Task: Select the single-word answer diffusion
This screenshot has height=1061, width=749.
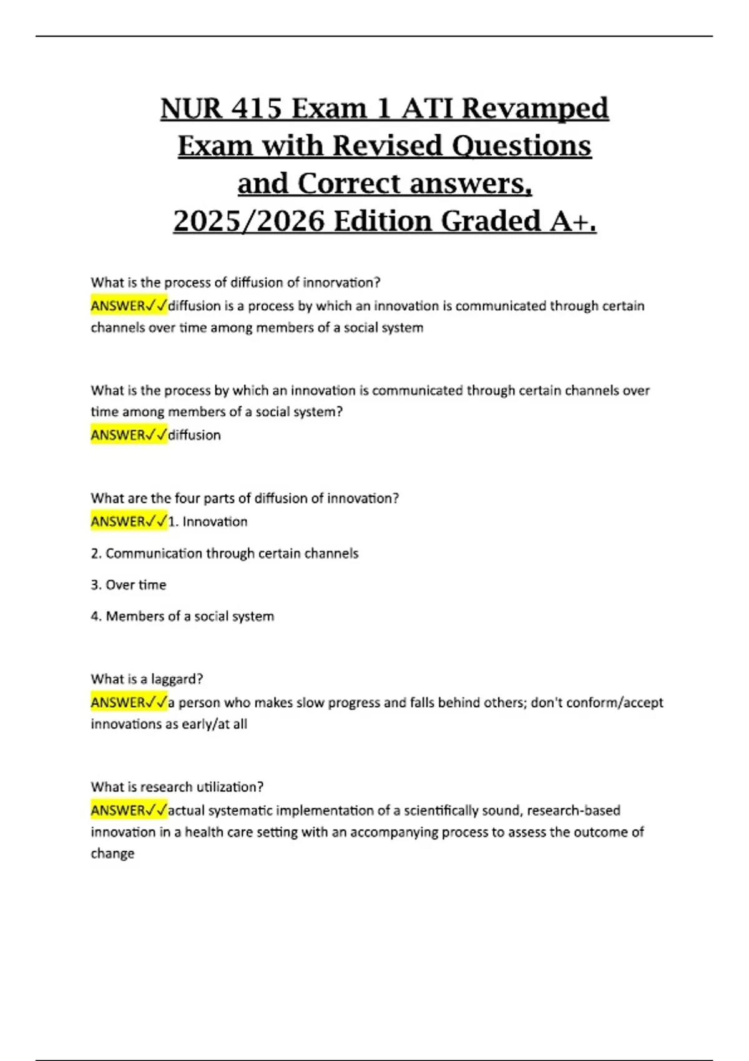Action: point(194,435)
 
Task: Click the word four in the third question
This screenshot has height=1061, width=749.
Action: point(188,499)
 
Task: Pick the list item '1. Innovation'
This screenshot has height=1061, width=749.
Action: point(208,522)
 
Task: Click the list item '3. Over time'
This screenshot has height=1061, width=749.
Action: point(129,585)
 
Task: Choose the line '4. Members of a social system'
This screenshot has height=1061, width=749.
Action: point(182,617)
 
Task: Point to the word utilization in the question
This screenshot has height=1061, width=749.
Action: point(229,787)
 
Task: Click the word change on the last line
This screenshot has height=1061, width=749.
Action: point(112,854)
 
